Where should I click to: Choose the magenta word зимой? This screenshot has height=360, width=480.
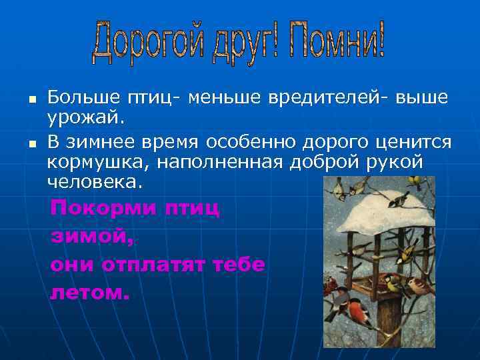pos(92,236)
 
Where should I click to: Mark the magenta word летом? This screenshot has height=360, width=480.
pos(89,292)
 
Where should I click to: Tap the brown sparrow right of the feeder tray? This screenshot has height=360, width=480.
pos(419,285)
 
